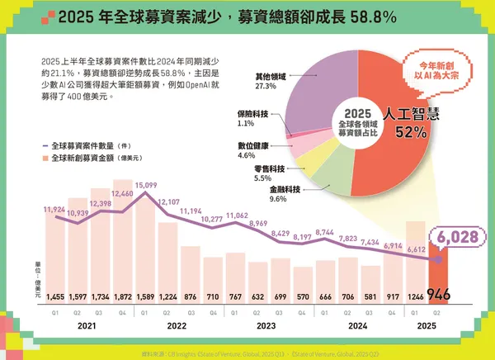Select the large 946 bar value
pos(440,293)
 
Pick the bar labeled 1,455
pos(55,256)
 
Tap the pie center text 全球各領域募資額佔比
pos(355,122)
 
